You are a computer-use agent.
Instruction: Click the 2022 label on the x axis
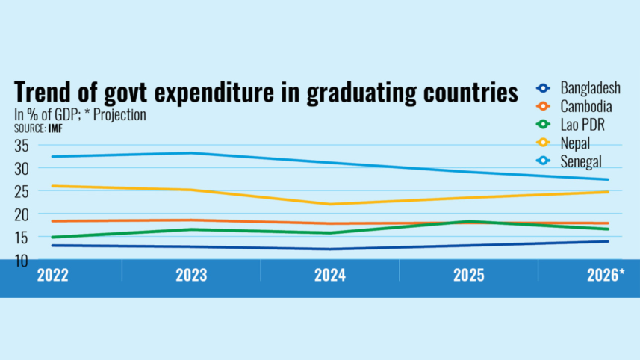point(53,276)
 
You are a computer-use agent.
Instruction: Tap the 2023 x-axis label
point(191,276)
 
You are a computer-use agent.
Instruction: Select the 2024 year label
point(329,276)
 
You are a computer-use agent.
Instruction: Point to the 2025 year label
point(468,276)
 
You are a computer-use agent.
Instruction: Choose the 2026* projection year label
point(602,276)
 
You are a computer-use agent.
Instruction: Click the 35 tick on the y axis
point(22,146)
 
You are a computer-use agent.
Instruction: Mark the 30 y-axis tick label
point(22,169)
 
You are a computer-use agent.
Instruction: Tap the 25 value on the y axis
point(22,191)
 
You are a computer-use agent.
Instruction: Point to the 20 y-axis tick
point(22,214)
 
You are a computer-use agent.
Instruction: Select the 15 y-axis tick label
point(22,238)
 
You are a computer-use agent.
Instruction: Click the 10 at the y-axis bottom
point(22,260)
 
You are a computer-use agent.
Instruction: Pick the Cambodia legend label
point(585,106)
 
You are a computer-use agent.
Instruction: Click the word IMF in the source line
point(55,128)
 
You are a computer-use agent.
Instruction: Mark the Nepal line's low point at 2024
point(329,204)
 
